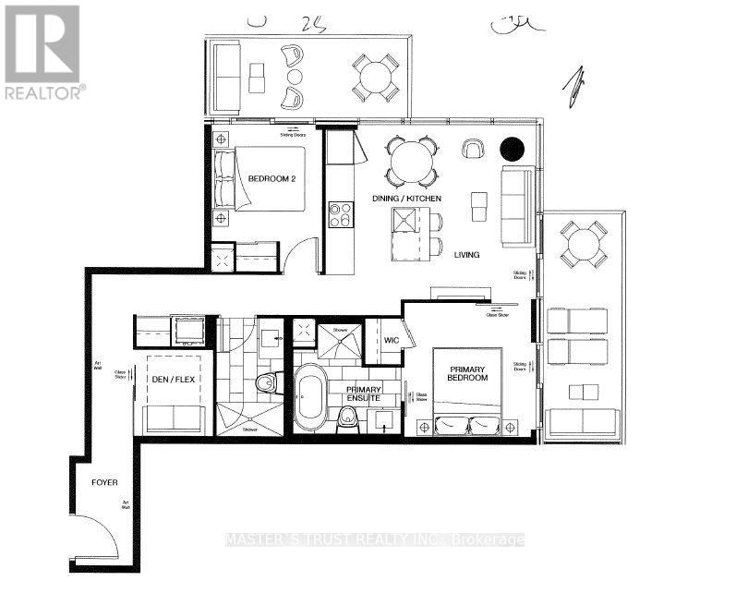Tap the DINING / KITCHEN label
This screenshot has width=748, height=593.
point(406,199)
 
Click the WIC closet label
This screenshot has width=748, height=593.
point(392,341)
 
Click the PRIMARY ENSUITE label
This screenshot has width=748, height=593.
point(364,395)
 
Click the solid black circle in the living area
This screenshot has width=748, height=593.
point(511,148)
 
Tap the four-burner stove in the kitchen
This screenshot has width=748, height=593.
point(341,214)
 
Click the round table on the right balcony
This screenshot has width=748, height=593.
point(584,244)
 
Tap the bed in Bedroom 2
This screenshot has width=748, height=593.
point(262,179)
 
